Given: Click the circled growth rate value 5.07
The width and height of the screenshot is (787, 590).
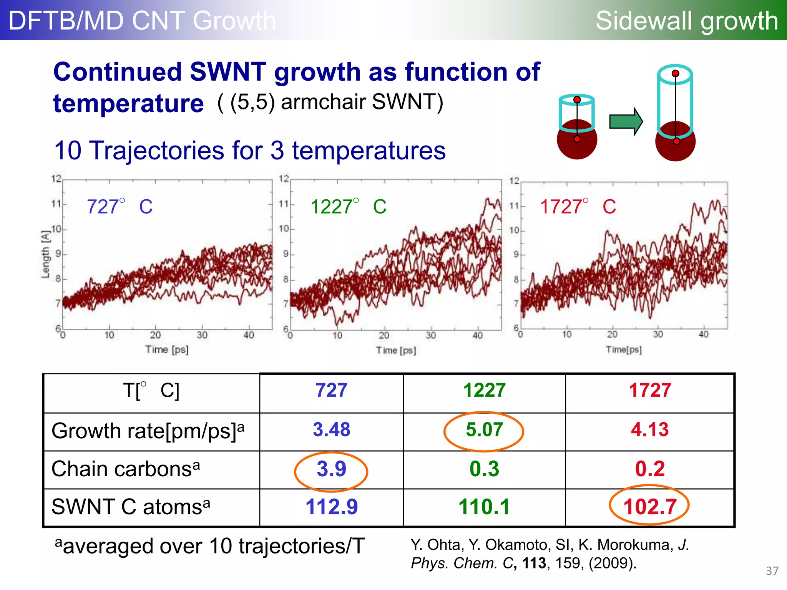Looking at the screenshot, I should [x=484, y=430].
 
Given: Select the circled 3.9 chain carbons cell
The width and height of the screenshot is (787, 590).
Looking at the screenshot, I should [x=331, y=469].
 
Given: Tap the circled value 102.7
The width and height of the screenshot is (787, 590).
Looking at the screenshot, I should [x=649, y=507].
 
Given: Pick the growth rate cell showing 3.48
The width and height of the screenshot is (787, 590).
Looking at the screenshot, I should [x=331, y=430].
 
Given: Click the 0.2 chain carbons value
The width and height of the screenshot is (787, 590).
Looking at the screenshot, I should [x=649, y=469].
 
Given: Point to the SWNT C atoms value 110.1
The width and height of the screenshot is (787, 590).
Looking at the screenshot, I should [x=484, y=507].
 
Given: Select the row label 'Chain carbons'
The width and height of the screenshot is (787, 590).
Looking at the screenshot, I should [x=125, y=469].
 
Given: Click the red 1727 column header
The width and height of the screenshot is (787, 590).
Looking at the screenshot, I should [x=649, y=391].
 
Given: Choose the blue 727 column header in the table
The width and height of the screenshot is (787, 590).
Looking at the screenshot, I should [x=331, y=391].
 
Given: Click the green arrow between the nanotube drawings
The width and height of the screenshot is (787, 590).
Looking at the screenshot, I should [x=626, y=122].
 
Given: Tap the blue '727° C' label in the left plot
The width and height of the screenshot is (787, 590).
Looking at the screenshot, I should [x=120, y=207].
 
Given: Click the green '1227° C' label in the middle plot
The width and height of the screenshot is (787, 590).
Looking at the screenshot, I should [x=348, y=207].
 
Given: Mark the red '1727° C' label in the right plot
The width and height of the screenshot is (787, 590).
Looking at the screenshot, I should [x=578, y=207].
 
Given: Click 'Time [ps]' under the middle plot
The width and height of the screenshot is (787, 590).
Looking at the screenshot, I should [x=396, y=350].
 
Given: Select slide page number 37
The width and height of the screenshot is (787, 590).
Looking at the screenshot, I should [x=772, y=571].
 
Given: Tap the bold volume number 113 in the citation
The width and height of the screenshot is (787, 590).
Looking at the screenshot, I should [x=534, y=563].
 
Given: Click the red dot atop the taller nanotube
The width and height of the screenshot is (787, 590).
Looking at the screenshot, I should [x=675, y=73].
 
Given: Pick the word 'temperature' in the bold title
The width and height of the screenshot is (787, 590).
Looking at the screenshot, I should [x=128, y=104].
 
